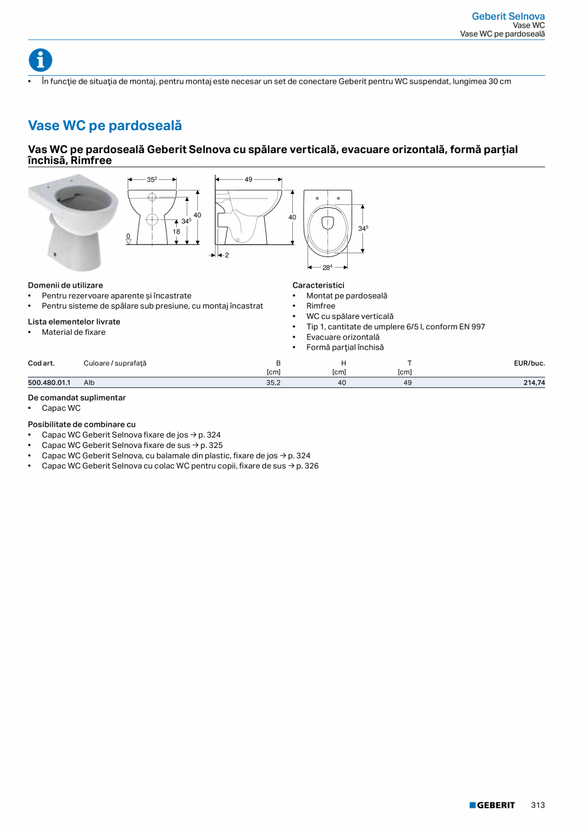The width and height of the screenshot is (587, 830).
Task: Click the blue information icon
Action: click(40, 60)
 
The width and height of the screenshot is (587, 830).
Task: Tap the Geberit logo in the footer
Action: click(492, 805)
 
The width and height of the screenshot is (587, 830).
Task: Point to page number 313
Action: click(538, 805)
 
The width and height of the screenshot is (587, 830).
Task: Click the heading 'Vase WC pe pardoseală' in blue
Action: click(105, 126)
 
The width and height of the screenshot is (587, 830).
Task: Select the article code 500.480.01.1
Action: click(49, 383)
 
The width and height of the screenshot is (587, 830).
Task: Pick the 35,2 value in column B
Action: click(273, 383)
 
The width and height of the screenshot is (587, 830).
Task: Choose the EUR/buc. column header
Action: click(529, 363)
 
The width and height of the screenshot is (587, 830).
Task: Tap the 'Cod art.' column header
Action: click(41, 363)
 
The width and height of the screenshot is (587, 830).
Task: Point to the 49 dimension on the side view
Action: click(249, 180)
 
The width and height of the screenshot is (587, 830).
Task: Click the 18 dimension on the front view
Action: click(177, 232)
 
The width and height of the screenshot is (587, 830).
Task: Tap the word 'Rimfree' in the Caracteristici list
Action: click(320, 306)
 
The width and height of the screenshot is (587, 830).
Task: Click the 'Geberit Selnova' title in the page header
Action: click(508, 16)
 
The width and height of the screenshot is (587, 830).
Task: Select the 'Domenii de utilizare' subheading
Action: click(65, 285)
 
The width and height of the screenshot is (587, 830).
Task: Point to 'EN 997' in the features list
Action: click(472, 327)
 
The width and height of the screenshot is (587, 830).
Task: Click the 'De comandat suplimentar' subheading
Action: click(77, 397)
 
